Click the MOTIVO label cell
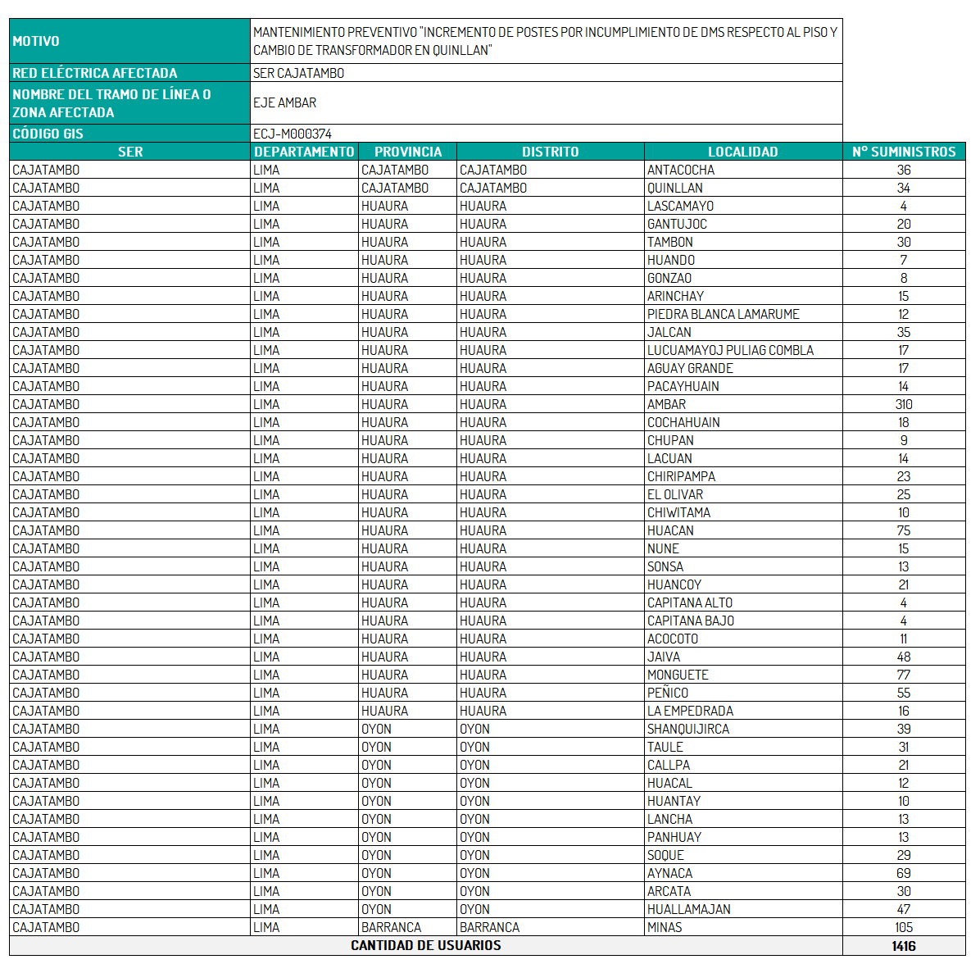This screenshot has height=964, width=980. tap(36, 41)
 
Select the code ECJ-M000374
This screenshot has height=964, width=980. tap(293, 134)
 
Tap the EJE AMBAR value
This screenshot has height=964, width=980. tap(284, 102)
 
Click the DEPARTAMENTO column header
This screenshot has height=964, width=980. tap(304, 152)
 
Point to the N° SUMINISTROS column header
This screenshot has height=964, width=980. tap(904, 152)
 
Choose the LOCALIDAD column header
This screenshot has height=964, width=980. tap(742, 152)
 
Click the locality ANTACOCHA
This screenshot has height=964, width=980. tap(681, 170)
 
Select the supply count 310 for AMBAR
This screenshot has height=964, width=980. tap(904, 404)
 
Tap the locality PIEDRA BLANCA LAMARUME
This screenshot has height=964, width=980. tap(723, 314)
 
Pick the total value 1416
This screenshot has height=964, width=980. tap(904, 946)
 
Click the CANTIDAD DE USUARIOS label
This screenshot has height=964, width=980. tap(426, 945)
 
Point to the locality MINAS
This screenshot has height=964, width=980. tap(665, 927)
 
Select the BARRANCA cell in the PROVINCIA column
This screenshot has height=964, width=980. tap(391, 927)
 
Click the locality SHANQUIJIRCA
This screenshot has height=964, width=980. tap(687, 729)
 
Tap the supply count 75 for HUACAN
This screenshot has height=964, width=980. tap(904, 530)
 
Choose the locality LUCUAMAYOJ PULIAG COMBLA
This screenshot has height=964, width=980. tap(730, 350)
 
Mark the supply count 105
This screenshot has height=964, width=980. tap(904, 927)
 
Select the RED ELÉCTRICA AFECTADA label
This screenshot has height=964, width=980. tap(95, 73)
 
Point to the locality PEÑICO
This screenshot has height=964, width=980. tap(668, 693)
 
